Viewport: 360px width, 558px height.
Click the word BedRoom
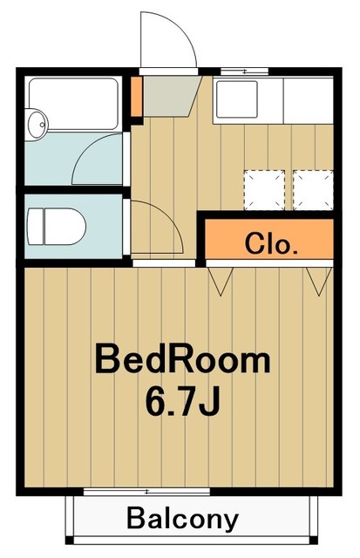tap(182, 358)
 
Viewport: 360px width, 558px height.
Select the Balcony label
tap(182, 519)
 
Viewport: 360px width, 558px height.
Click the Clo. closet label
tap(271, 242)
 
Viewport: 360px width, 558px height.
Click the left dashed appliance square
tap(264, 187)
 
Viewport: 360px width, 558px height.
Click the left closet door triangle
tap(221, 280)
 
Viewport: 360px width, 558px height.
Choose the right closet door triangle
tap(318, 280)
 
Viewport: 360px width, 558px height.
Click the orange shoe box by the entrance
tap(136, 91)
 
